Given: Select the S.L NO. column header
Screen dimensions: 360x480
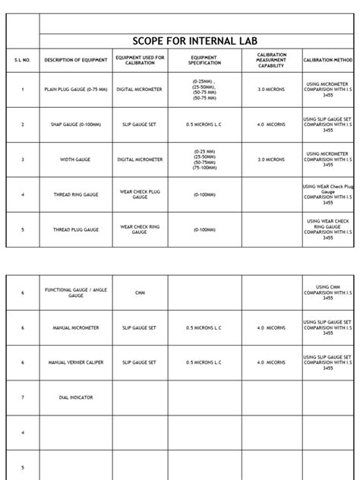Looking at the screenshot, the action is tap(23, 60).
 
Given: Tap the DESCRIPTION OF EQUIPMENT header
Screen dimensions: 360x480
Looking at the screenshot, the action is tap(76, 60).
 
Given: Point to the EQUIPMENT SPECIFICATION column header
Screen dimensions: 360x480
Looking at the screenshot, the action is tap(204, 60).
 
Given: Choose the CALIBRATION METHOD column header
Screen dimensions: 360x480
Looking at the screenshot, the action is tap(328, 60).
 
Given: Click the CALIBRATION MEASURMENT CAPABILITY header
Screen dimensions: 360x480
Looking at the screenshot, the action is tap(271, 60).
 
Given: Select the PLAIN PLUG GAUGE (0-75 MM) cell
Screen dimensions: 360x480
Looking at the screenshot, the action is tap(76, 90).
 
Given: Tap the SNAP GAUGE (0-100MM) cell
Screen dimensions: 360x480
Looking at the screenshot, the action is tap(76, 125).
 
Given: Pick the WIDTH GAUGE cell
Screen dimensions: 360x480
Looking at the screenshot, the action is tap(76, 159).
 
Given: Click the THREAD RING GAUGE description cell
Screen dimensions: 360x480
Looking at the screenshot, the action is tap(76, 194).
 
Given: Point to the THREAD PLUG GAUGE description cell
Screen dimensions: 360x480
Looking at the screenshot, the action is tap(76, 229).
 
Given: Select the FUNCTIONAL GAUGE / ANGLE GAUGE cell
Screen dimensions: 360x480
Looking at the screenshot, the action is tap(76, 292).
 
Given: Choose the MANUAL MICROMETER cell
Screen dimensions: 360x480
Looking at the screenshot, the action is tap(76, 328).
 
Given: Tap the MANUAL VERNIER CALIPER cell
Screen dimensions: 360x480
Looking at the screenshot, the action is tap(76, 363).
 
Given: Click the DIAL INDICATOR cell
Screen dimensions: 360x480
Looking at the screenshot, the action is tap(76, 397).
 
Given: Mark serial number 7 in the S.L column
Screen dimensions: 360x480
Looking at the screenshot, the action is tap(23, 397).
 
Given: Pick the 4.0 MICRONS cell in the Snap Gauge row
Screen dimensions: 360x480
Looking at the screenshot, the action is tap(271, 125).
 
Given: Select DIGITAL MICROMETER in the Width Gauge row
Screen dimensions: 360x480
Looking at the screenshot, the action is tap(140, 159).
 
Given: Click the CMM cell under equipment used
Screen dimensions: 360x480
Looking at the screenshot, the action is tap(140, 292).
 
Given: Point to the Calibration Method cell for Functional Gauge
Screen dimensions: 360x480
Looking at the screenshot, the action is tap(328, 292).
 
